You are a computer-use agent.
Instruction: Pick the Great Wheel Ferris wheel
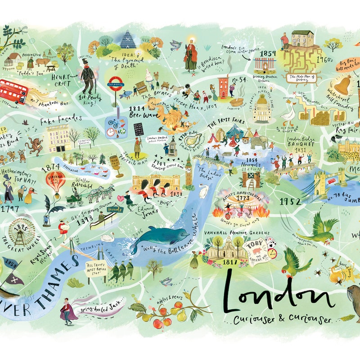pyautogui.click(x=21, y=230)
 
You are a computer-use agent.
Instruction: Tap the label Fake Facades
pyautogui.click(x=61, y=120)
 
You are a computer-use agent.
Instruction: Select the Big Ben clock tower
pyautogui.click(x=189, y=171)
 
